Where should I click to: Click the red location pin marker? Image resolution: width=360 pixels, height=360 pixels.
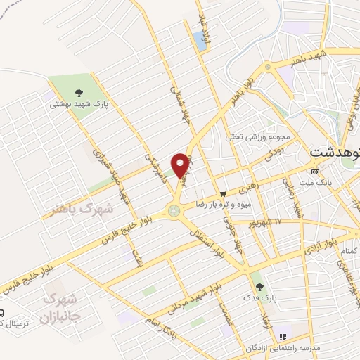click(181, 165)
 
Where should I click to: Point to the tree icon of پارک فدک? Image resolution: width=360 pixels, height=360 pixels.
click(260, 287)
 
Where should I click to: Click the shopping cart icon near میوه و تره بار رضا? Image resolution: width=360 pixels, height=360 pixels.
click(222, 193)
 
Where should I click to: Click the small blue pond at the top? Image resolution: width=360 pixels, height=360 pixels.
click(204, 40)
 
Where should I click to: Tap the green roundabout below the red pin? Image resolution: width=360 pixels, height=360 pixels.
click(172, 210)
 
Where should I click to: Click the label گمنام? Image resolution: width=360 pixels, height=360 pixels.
click(349, 250)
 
